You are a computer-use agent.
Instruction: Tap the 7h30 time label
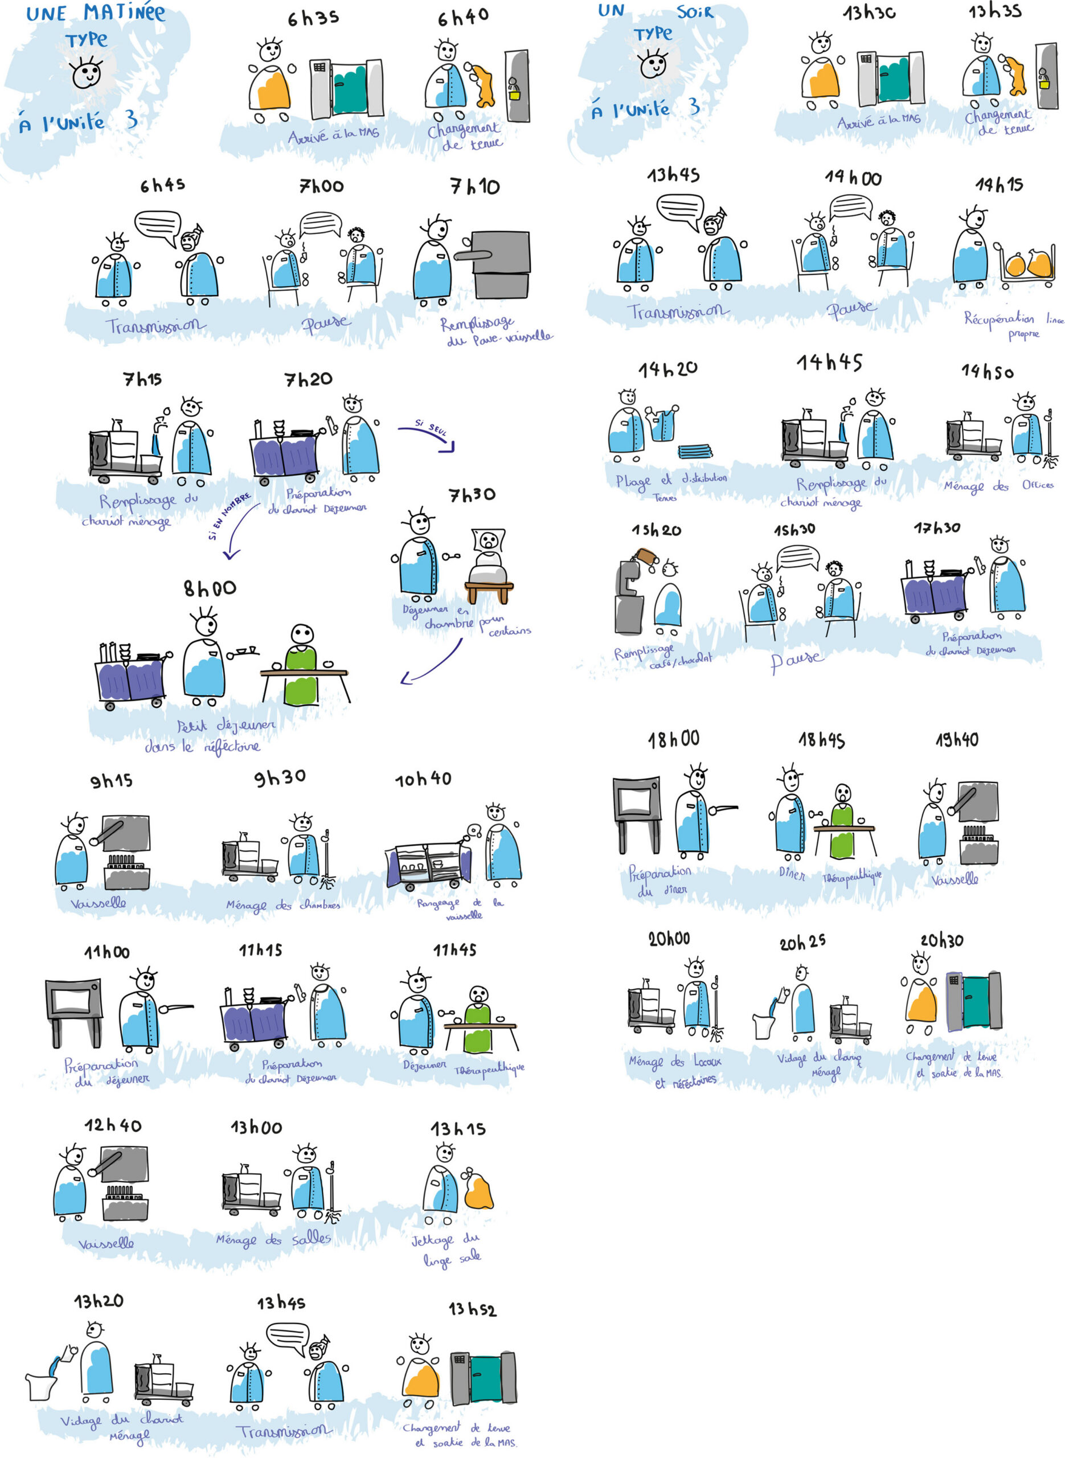[472, 495]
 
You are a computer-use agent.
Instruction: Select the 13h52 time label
[472, 1309]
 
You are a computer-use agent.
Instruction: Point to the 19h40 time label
[956, 739]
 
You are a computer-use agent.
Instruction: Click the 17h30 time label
[936, 528]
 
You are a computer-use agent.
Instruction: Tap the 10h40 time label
[423, 779]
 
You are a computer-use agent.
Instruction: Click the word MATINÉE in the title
[124, 13]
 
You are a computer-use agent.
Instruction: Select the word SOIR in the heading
[694, 11]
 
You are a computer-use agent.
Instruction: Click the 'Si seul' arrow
[427, 434]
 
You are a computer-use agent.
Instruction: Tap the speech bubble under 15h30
[797, 557]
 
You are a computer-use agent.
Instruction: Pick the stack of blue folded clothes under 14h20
[695, 450]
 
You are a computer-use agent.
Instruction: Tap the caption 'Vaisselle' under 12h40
[106, 1243]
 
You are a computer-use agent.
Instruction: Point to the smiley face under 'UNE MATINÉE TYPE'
[87, 73]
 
